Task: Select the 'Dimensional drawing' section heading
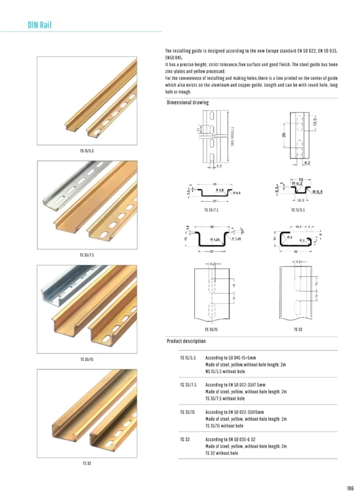(x=188, y=103)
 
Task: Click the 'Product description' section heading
(x=186, y=341)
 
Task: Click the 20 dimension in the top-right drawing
(x=284, y=135)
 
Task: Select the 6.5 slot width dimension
(x=220, y=166)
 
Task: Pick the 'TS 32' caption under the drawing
(x=298, y=330)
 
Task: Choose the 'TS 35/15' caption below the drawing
(x=212, y=330)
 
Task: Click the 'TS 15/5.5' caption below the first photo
(x=86, y=151)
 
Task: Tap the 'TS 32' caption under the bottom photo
(x=86, y=463)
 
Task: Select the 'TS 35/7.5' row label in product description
(x=188, y=385)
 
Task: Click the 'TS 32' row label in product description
(x=185, y=439)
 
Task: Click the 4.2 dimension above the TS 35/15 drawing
(x=212, y=264)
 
